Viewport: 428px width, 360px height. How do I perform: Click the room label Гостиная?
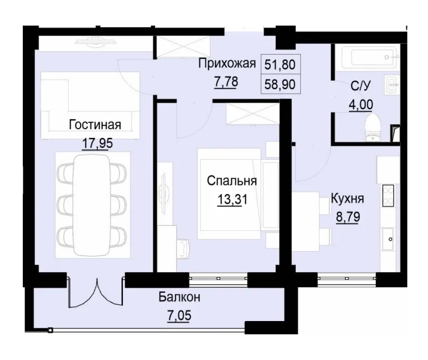click(95, 124)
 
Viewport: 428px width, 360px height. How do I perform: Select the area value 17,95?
click(97, 143)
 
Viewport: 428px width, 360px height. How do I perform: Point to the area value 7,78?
click(226, 82)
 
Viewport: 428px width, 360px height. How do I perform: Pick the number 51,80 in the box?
click(280, 65)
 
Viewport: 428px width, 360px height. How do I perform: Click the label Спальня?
click(231, 181)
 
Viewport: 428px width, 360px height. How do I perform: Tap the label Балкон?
click(180, 298)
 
